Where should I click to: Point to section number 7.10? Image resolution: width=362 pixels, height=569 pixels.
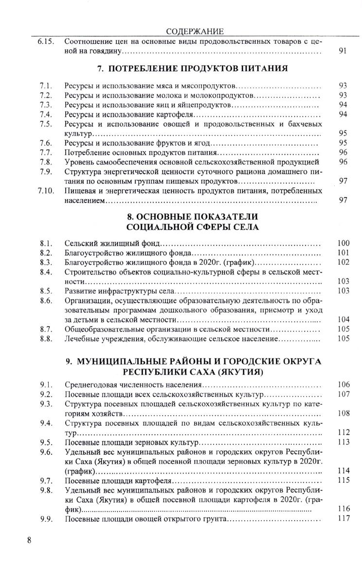coord(46,190)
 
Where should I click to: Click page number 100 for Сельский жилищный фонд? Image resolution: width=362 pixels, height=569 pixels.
coord(343,242)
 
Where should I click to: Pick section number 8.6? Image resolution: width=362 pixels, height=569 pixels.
coord(46,301)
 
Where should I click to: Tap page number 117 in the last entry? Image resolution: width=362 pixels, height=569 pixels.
coord(343,518)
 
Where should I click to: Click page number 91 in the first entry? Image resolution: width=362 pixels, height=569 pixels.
coord(342,51)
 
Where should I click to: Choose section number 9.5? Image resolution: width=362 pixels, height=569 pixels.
coord(46,442)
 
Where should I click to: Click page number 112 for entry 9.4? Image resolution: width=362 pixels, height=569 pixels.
coord(343,432)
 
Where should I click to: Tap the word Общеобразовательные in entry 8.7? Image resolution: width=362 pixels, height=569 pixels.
coord(100,329)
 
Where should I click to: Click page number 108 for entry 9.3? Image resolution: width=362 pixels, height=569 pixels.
coord(343,413)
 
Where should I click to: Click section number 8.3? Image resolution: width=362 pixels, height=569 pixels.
coord(46,262)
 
